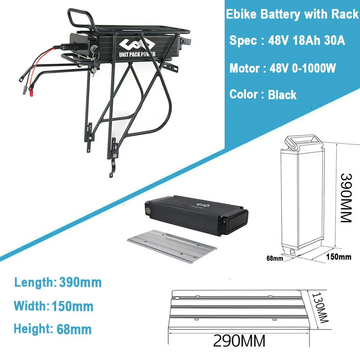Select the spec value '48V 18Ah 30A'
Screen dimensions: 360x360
coord(307,41)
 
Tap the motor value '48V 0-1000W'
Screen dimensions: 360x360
coord(303,68)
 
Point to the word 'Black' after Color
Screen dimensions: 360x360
coord(282,95)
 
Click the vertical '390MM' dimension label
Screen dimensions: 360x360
coord(346,198)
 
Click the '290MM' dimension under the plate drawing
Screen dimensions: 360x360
coord(239,340)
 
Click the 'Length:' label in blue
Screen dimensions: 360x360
coord(33,282)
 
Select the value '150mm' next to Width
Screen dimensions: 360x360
coord(72,306)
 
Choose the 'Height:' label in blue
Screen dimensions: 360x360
coord(33,329)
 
